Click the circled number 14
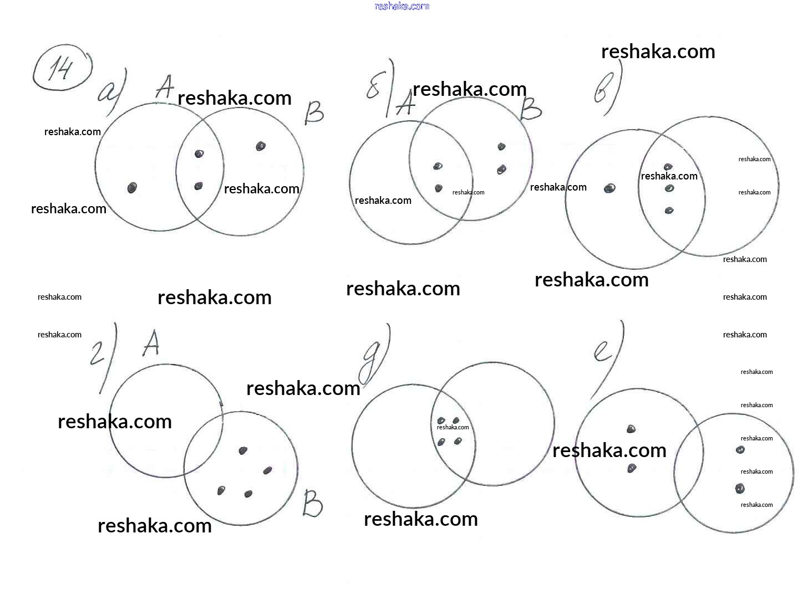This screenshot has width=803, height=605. (x=61, y=69)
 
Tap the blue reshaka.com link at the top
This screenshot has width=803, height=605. (x=402, y=6)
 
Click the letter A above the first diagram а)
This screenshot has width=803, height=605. (x=164, y=87)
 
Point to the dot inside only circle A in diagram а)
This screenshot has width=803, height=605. (x=132, y=188)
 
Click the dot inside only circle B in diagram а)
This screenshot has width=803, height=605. (x=261, y=146)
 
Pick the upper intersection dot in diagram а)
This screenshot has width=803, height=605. (x=199, y=153)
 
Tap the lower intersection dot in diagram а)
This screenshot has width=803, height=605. (x=199, y=186)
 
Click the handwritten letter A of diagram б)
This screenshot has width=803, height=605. (x=405, y=103)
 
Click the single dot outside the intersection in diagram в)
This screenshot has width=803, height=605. (x=609, y=188)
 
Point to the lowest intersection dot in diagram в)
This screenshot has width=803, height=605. (x=669, y=211)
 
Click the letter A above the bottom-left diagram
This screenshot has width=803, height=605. (x=151, y=343)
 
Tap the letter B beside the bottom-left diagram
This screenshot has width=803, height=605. (x=312, y=504)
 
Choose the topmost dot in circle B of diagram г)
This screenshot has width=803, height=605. (x=243, y=450)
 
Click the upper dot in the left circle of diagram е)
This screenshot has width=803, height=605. (x=631, y=429)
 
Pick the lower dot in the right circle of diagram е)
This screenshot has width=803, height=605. (x=740, y=489)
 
